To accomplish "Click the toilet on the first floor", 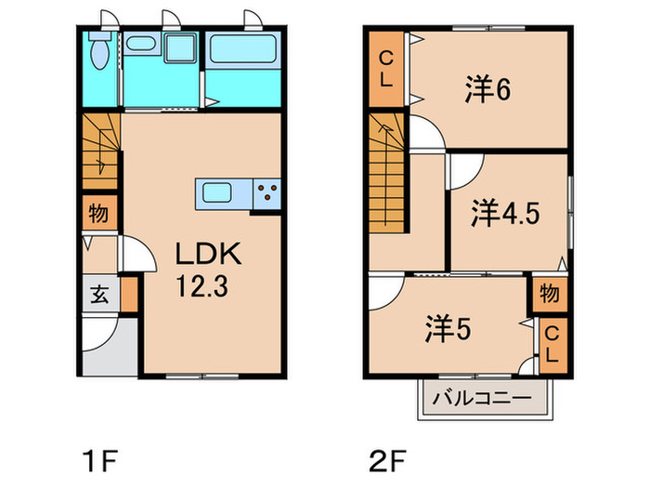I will pos(98,54).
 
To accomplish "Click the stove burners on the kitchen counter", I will pos(266,194).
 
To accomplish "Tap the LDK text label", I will pos(209,254).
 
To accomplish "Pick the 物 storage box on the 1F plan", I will pos(97,214).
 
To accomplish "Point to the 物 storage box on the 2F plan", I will pos(548,295).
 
